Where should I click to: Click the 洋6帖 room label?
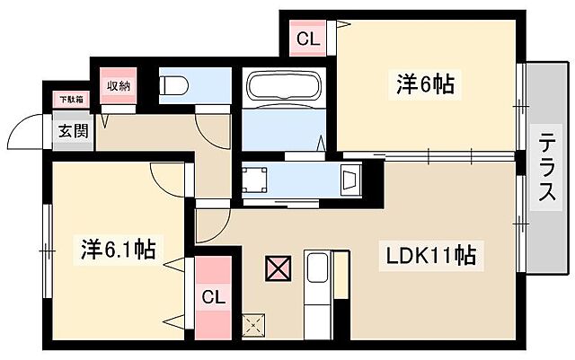point(425,84)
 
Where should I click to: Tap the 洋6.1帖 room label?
point(118,248)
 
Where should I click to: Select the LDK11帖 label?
point(431,255)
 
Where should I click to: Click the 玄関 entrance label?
point(74,131)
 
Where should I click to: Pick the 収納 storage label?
point(118,86)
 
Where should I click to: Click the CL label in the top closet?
point(307,40)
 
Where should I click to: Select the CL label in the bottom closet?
point(212,297)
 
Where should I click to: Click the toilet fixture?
point(174,85)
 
